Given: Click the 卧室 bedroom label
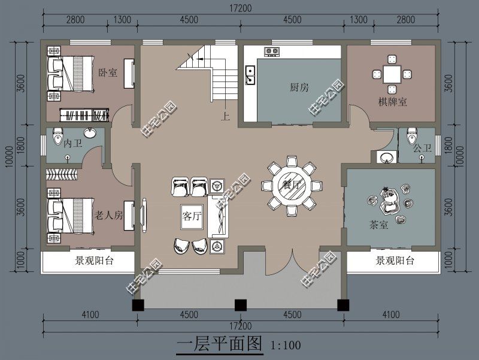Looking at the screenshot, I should tap(107, 72).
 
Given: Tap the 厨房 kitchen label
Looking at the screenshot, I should tap(299, 87).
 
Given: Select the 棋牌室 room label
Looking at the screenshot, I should tap(392, 102).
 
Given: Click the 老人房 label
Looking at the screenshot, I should tap(108, 215).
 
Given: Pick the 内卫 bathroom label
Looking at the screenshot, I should tap(72, 144).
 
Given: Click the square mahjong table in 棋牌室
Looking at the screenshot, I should tap(392, 74).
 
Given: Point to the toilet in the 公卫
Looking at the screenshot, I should tap(411, 135).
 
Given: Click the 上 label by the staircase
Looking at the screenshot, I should tap(225, 117).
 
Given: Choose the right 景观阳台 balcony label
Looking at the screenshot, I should tap(396, 261).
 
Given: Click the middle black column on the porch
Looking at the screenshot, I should tap(241, 305).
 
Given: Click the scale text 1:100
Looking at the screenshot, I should tap(286, 346).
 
